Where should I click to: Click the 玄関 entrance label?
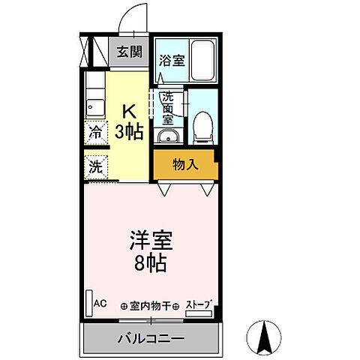[130, 52]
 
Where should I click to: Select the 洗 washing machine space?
[95, 167]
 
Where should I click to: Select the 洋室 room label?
[151, 242]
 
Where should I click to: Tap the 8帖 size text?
[151, 263]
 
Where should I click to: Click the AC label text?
[100, 304]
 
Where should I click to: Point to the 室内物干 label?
[150, 305]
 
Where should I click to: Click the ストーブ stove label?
[198, 304]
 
